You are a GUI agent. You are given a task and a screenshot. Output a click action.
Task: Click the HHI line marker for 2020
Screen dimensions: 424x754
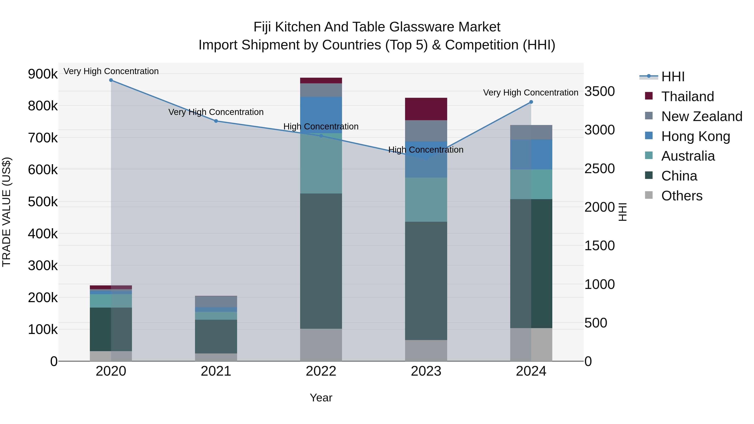point(111,80)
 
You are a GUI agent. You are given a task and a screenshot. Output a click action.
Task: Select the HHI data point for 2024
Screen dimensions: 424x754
point(531,102)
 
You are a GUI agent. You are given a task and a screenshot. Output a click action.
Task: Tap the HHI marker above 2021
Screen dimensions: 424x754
point(216,121)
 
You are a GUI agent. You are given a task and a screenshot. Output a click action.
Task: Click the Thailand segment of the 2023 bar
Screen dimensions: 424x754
point(426,109)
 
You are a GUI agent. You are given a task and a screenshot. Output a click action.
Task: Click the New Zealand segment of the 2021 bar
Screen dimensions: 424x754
point(216,301)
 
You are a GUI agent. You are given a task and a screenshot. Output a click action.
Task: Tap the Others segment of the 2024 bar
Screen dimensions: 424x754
point(531,344)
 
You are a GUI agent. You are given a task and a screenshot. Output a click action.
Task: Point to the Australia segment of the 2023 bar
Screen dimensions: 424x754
point(426,200)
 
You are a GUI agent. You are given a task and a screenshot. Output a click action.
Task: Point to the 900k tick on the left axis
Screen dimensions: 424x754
point(43,74)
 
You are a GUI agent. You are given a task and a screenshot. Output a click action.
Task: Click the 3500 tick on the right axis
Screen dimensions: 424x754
point(599,91)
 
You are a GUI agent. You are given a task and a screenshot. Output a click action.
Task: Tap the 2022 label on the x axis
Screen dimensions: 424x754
point(321,371)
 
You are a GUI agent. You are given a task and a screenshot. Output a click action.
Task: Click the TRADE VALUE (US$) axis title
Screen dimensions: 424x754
point(6,212)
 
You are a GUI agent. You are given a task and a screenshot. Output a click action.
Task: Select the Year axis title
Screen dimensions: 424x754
point(321,398)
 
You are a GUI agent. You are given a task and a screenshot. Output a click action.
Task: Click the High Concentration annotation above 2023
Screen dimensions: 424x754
point(426,150)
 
